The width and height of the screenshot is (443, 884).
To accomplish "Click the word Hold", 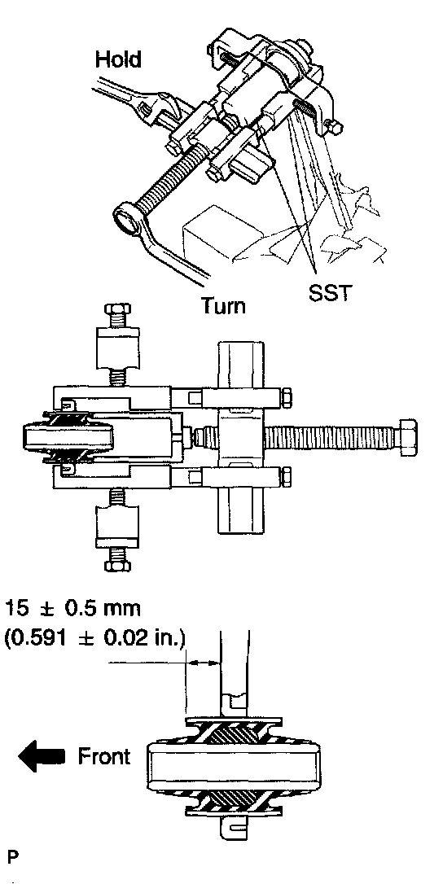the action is (x=118, y=59).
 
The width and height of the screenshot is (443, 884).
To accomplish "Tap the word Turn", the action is (x=224, y=306).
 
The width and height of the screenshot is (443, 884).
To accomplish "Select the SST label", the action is (x=331, y=293).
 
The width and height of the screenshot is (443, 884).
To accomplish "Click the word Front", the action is (x=103, y=756).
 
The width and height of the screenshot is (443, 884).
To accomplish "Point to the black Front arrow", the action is (x=43, y=756).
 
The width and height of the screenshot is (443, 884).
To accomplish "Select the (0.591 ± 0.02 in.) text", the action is (x=94, y=641).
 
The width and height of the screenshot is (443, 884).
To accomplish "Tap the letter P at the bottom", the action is (x=12, y=857).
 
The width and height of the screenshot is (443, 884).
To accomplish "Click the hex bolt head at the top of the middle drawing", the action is (x=116, y=310).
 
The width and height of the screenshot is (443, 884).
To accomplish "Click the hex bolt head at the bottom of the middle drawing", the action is (x=116, y=564).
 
